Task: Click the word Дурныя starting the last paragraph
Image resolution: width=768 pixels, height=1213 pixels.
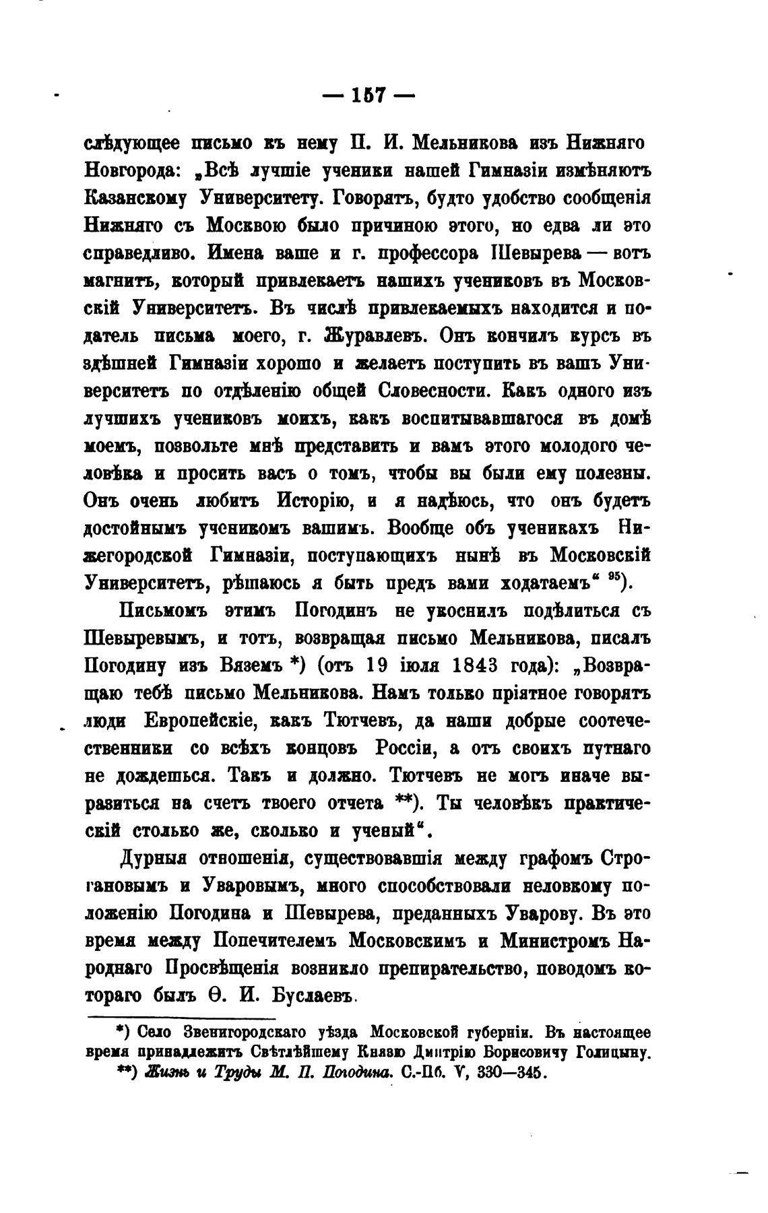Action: tap(152, 859)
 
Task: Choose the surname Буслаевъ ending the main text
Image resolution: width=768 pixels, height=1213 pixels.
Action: tap(315, 996)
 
